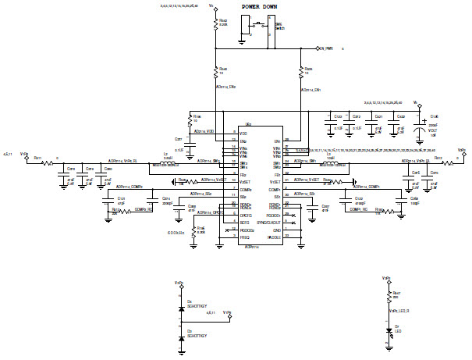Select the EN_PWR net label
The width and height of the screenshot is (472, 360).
click(324, 48)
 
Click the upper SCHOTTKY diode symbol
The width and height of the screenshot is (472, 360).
click(181, 308)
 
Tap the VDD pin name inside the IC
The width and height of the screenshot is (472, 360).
click(243, 134)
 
